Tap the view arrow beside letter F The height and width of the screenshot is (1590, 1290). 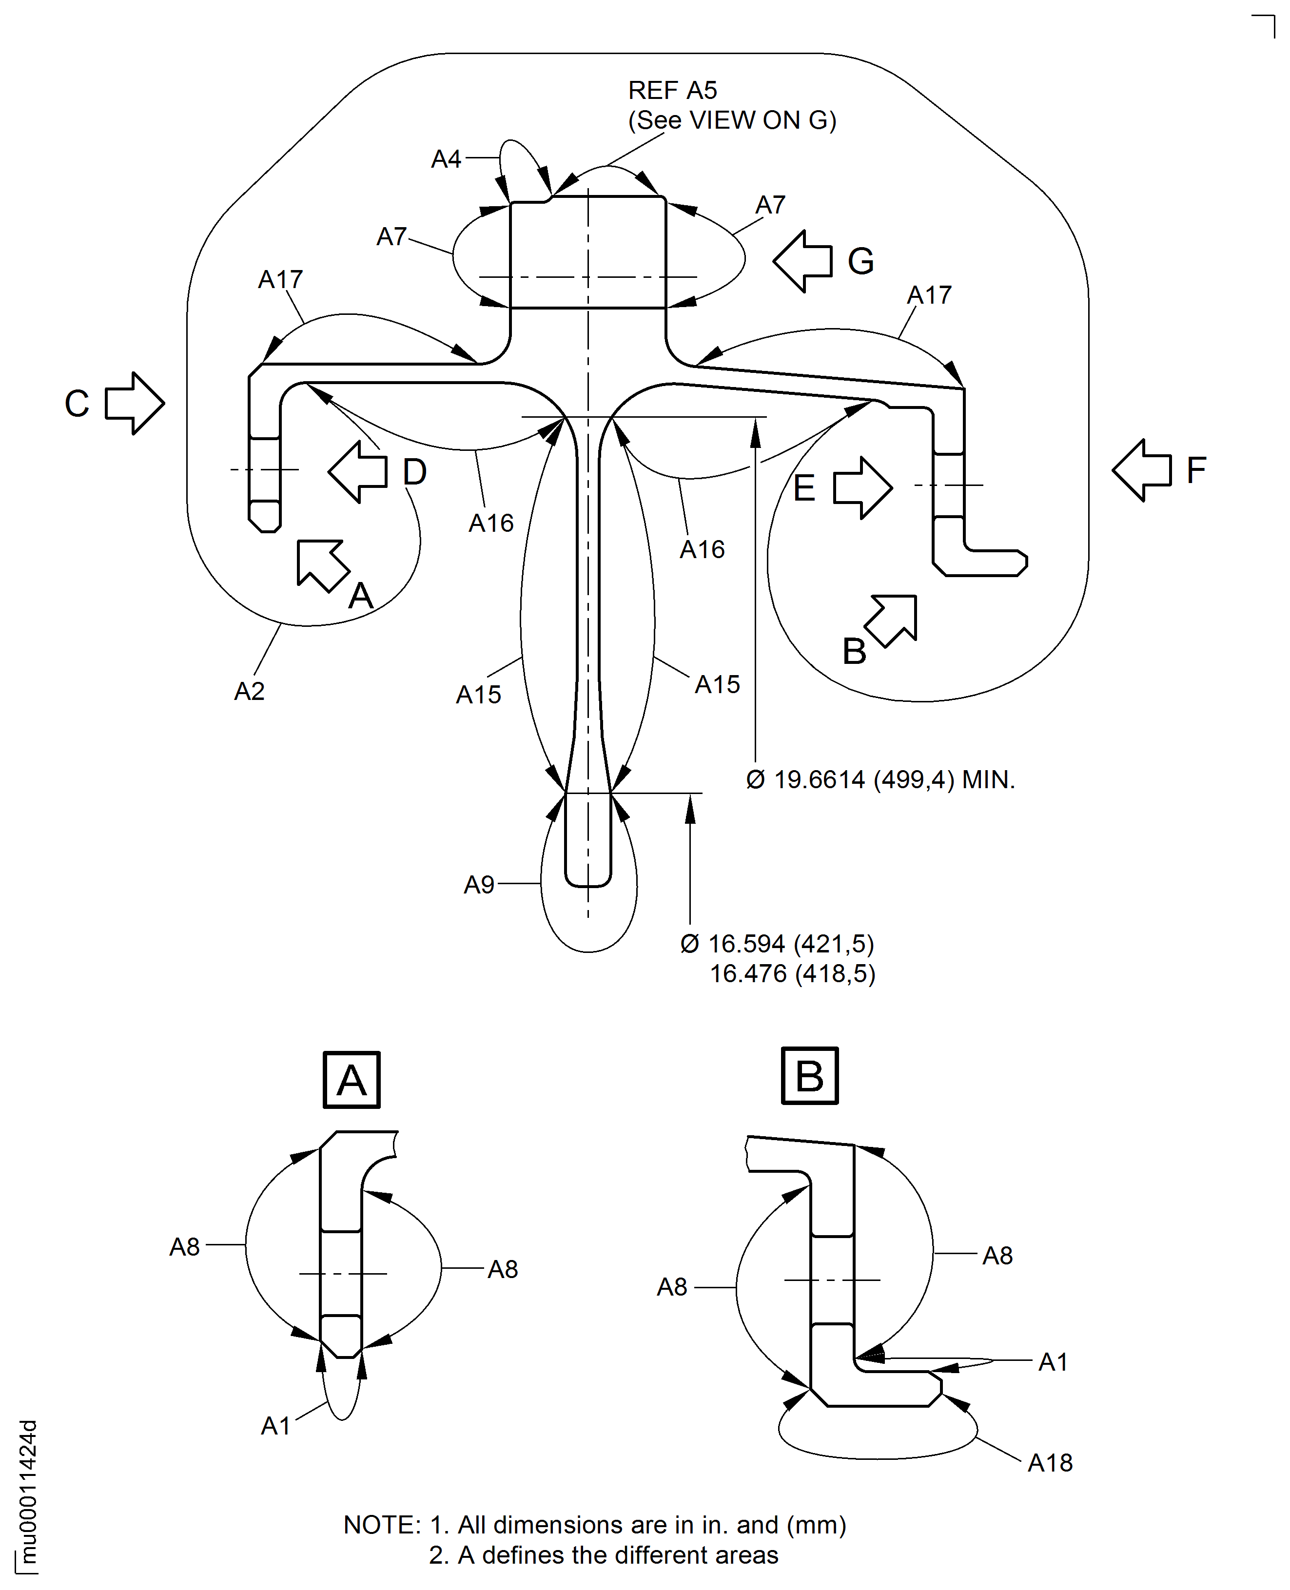[1142, 470]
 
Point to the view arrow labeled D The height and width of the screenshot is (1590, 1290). [358, 472]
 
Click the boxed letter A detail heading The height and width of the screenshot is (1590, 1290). [352, 1080]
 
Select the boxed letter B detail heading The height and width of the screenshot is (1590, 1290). [810, 1076]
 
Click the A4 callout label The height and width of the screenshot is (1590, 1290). [446, 159]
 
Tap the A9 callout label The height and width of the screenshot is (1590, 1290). [479, 884]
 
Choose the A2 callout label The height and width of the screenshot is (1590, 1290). [249, 692]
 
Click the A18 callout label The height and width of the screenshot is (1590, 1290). [1050, 1463]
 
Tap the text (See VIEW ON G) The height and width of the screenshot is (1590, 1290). [732, 120]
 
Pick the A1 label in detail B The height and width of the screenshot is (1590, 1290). [1053, 1362]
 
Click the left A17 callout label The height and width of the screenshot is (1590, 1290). [280, 279]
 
